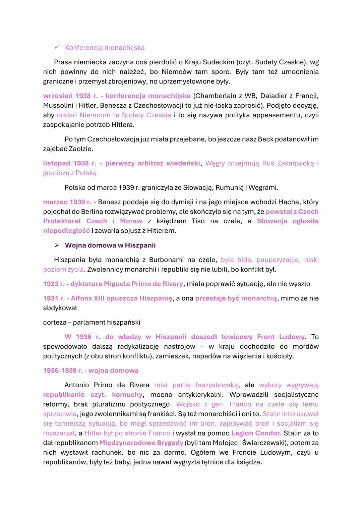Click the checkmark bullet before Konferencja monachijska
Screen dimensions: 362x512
[56, 47]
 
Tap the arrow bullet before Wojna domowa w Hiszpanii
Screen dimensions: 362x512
[56, 245]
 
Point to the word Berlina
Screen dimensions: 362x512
[81, 212]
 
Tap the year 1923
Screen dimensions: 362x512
[51, 284]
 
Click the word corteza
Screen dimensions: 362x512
[54, 323]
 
